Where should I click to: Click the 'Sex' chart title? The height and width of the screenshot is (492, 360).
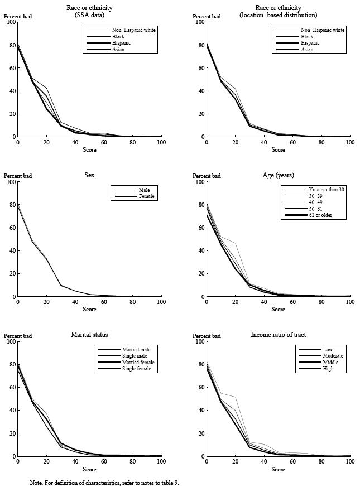(90, 175)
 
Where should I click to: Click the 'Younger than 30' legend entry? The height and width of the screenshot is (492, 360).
(327, 190)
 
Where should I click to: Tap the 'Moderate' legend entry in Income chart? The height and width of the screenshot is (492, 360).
(333, 356)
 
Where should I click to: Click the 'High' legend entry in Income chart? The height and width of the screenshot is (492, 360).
(328, 369)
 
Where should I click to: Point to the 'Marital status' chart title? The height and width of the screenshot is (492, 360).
(90, 335)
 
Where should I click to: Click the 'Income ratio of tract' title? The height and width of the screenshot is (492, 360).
(279, 335)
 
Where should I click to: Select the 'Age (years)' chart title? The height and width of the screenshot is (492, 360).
(279, 175)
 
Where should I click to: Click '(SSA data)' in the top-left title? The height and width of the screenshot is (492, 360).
(90, 15)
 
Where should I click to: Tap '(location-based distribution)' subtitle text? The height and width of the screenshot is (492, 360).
(279, 15)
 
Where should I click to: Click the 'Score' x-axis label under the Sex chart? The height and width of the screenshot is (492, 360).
(90, 310)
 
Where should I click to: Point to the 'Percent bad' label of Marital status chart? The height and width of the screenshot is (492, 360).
(18, 336)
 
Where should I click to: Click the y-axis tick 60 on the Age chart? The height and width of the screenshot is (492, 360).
(201, 228)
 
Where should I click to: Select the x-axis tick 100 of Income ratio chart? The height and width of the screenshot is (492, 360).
(350, 462)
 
